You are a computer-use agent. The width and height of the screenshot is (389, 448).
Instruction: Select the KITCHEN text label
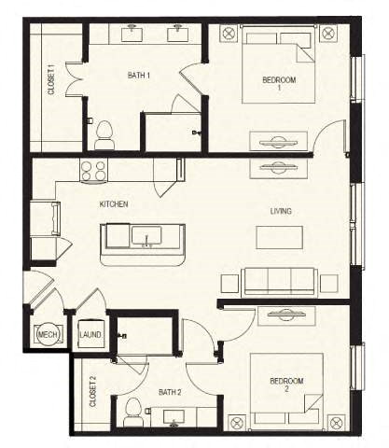click(x=114, y=203)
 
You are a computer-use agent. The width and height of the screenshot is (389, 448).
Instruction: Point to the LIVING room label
click(x=280, y=212)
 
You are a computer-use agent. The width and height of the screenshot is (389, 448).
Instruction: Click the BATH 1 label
click(x=139, y=75)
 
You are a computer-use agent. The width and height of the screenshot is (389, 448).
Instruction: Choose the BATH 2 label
click(x=169, y=392)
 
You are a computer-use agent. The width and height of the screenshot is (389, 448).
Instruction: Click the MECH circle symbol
click(x=48, y=334)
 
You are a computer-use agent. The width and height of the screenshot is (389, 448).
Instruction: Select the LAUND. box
click(x=90, y=335)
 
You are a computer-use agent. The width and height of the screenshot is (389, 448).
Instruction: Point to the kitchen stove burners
click(x=92, y=170)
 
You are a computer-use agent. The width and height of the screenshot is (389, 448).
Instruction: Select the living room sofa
click(x=279, y=281)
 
